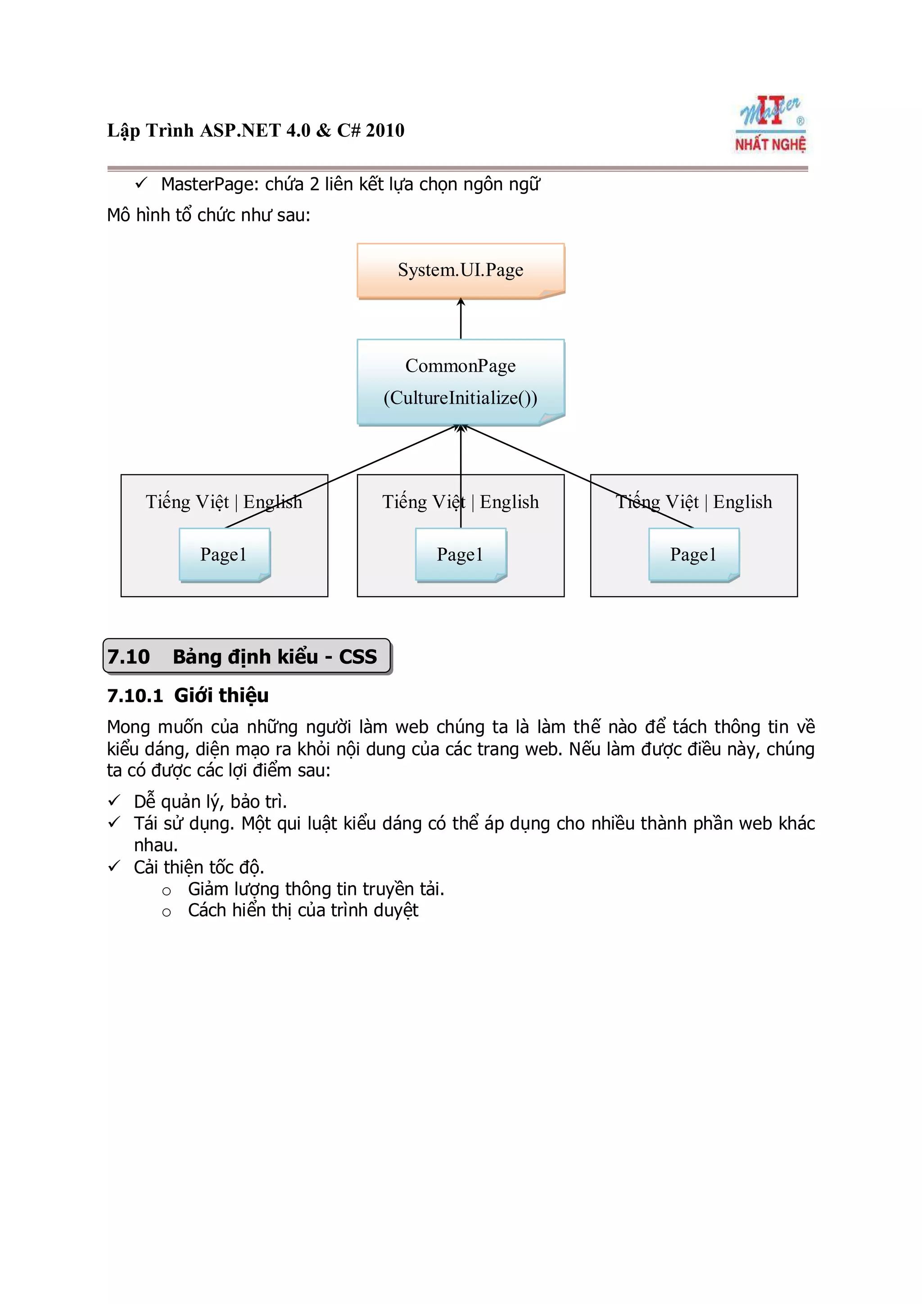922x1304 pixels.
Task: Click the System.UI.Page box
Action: (460, 270)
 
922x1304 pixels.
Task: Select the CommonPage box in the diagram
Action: (460, 381)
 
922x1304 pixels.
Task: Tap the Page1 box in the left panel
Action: (224, 554)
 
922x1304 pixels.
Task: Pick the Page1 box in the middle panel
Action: (460, 554)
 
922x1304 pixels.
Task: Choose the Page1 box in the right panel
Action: (693, 554)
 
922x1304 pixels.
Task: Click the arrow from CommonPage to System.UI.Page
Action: (461, 319)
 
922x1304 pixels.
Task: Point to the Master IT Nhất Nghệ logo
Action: (770, 124)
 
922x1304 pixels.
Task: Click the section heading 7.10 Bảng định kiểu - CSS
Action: (247, 656)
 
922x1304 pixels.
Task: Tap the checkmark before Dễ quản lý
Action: (114, 801)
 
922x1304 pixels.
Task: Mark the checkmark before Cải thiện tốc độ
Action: (114, 866)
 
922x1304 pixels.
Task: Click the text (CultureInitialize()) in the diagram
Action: (460, 398)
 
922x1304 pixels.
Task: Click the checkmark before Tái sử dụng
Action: (114, 823)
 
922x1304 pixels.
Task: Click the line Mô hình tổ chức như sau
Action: (208, 215)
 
